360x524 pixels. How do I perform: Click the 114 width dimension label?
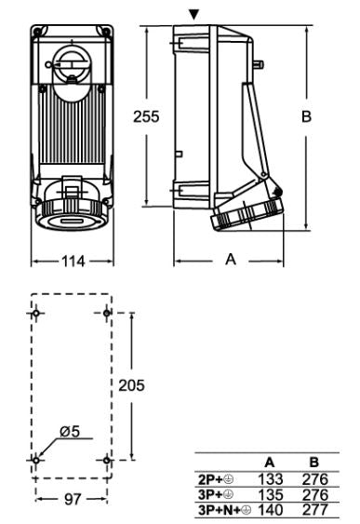(73, 262)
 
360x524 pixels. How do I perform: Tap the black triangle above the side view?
(193, 14)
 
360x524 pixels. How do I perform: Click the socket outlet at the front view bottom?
(73, 216)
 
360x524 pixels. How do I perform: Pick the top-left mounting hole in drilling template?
(36, 313)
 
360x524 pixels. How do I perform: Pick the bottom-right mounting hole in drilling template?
(108, 460)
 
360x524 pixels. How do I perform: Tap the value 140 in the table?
(270, 511)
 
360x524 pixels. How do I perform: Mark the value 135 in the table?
(270, 494)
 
